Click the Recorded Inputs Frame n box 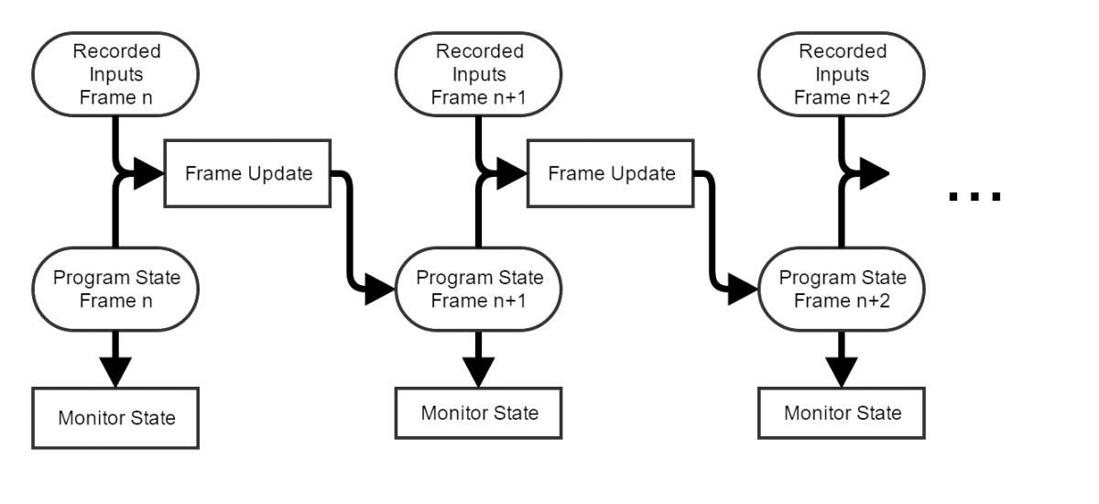tap(115, 74)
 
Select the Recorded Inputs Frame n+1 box tap(478, 74)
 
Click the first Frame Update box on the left tap(247, 173)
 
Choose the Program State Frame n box tap(115, 289)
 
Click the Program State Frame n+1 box tap(478, 289)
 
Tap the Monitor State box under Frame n tap(115, 418)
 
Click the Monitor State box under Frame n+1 tap(478, 412)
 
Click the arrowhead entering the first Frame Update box tap(145, 173)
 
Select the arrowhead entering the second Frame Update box tap(507, 173)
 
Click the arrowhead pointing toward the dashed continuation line tap(871, 173)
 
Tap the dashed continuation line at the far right tap(974, 197)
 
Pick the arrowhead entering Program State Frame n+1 tap(376, 289)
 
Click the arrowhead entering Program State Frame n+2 tap(743, 289)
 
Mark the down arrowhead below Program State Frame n tap(115, 371)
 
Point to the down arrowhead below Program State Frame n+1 tap(478, 369)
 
